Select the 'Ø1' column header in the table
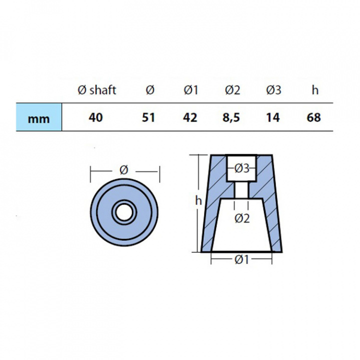point(191,90)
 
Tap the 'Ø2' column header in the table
point(232,90)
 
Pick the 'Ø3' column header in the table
point(273,90)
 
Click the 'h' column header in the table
point(314,90)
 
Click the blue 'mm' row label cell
point(39,118)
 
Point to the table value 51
point(149,118)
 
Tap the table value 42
point(190,118)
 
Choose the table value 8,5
point(232,118)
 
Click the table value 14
point(273,118)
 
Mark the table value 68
point(314,118)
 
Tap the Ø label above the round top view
point(124,170)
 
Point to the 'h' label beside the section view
point(198,201)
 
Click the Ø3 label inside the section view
point(242,169)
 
